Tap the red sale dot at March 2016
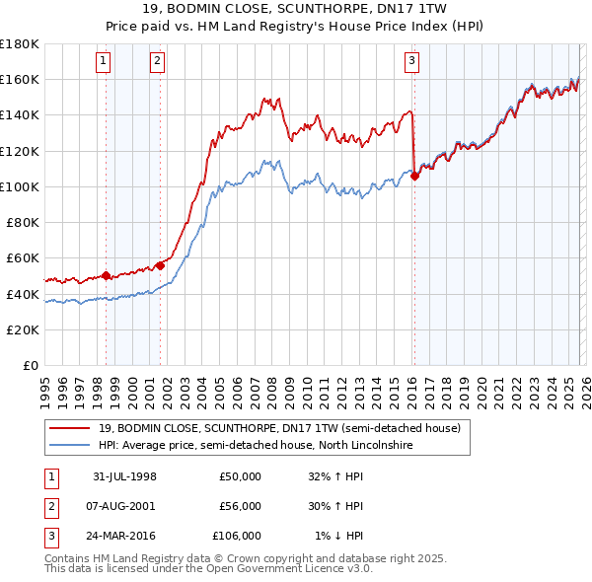pos(414,177)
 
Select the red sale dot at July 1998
pos(107,276)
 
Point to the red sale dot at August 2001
pos(159,265)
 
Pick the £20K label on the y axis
pos(23,329)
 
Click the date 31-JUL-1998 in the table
pos(124,476)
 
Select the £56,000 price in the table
pos(240,506)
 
